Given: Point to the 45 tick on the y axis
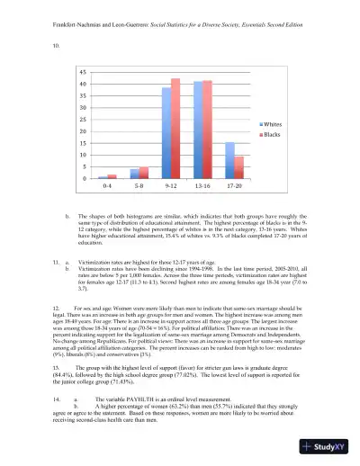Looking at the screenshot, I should pyautogui.click(x=83, y=72).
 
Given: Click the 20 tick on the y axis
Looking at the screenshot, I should pyautogui.click(x=83, y=131).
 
